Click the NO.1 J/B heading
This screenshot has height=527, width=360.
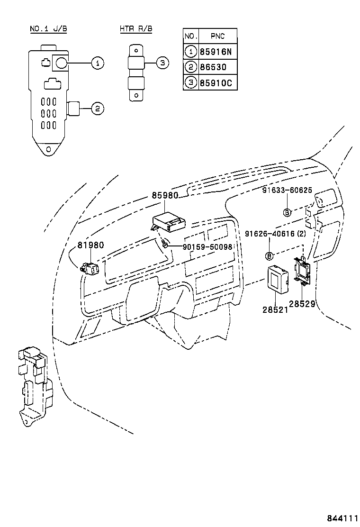(48, 29)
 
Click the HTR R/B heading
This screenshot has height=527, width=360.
(136, 29)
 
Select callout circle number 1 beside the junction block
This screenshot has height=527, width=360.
(97, 63)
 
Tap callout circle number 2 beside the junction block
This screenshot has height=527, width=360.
(97, 109)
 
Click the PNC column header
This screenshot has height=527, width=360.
(217, 36)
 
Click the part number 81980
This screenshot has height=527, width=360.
(90, 245)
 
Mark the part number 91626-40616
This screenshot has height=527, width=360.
(270, 234)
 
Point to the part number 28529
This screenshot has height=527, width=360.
(302, 304)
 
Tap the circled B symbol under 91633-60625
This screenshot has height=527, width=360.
(287, 212)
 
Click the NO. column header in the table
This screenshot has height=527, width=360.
(190, 36)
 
